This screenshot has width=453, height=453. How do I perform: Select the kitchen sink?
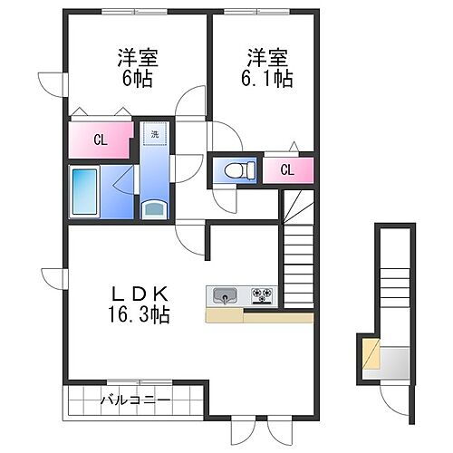click(224, 294)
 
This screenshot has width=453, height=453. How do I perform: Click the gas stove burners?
click(262, 294)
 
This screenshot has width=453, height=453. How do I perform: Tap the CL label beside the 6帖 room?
click(101, 140)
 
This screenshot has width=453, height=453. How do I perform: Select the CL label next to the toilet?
click(287, 169)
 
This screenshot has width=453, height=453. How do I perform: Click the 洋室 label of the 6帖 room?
click(138, 57)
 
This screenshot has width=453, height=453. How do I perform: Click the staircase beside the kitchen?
click(296, 254)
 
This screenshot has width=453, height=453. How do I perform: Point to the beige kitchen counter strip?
click(259, 316)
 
